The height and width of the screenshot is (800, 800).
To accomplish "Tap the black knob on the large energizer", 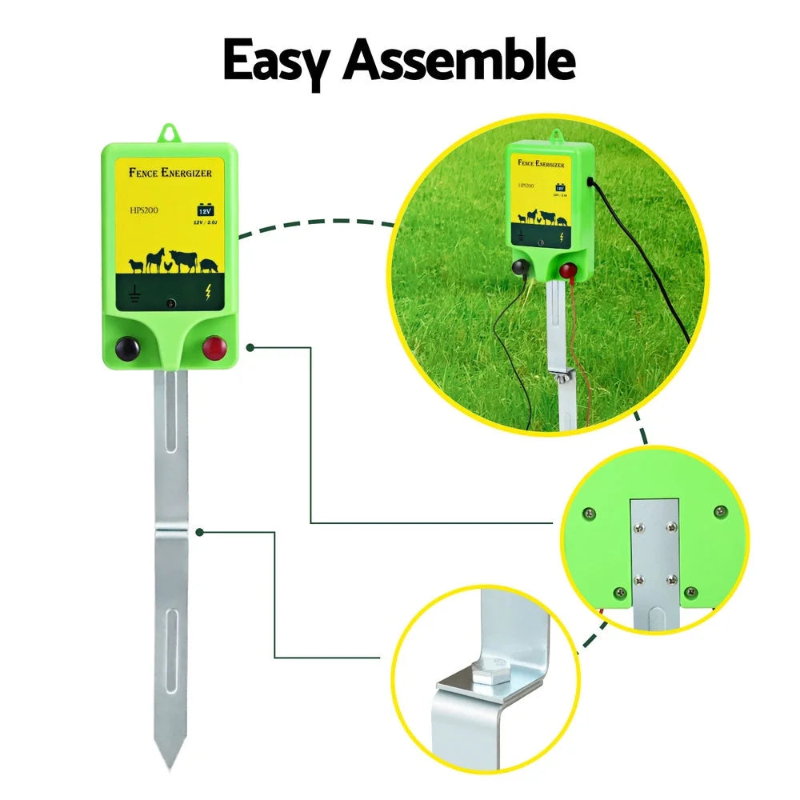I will (x=126, y=349).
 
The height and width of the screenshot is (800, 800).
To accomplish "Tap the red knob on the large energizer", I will (x=214, y=349).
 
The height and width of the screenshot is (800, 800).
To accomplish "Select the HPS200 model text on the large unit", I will (x=145, y=210).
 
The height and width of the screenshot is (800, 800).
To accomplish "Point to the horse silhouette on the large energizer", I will (x=154, y=259).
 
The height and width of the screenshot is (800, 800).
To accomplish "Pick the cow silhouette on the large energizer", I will (x=183, y=261).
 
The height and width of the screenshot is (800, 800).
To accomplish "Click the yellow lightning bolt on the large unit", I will (x=210, y=293).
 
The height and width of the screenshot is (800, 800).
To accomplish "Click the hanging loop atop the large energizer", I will (x=169, y=133).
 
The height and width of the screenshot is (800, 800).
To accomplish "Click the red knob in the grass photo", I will (x=567, y=271).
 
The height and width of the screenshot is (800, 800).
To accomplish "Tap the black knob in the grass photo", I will (x=521, y=270).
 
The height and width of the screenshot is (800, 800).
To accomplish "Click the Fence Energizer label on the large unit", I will (x=170, y=172).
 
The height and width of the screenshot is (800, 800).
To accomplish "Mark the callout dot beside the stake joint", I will (x=200, y=530).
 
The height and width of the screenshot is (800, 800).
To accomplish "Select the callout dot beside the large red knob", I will (x=250, y=347).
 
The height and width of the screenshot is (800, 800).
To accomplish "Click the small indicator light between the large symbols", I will (x=170, y=304).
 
